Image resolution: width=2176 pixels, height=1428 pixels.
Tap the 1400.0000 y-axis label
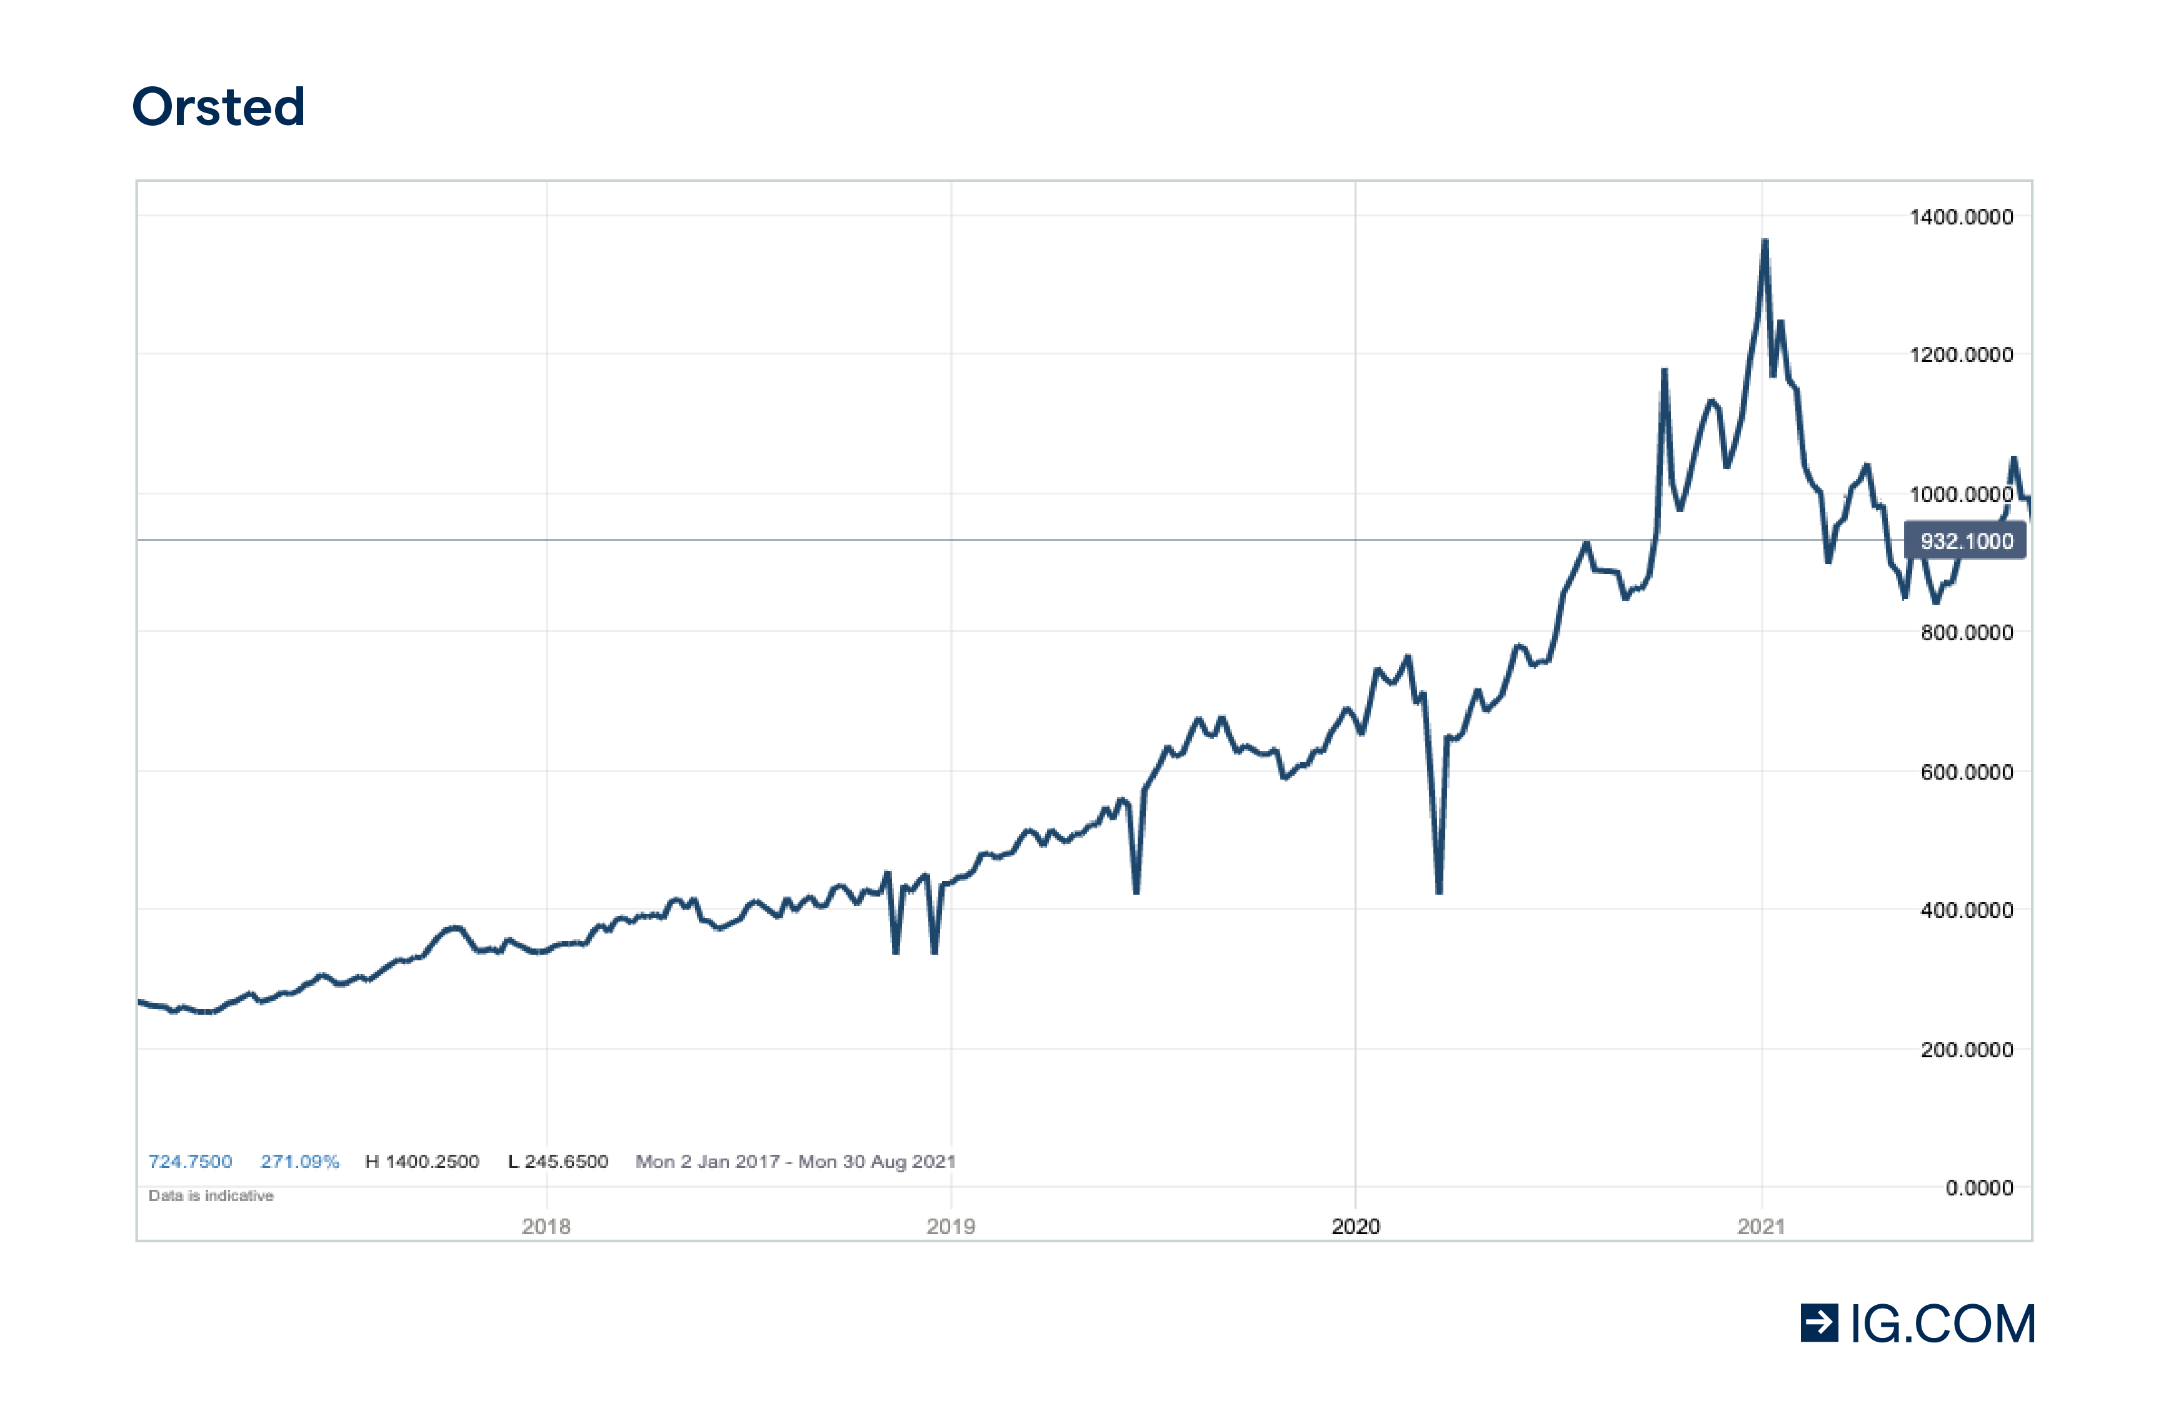(x=1960, y=218)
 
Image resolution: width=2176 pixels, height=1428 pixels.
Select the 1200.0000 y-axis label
(x=1960, y=354)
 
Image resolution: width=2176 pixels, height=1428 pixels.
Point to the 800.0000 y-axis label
(x=1966, y=633)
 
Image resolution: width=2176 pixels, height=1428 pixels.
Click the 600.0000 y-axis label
(x=1966, y=773)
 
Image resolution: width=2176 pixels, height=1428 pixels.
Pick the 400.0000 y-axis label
(x=1966, y=910)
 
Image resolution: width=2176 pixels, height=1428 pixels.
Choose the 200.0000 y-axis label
(x=1966, y=1050)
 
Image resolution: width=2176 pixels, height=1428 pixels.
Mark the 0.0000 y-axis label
(x=1978, y=1187)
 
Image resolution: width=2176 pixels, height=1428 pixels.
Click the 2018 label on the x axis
(x=546, y=1227)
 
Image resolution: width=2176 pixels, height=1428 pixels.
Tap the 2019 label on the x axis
(x=951, y=1227)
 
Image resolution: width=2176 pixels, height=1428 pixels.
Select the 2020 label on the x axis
(x=1355, y=1227)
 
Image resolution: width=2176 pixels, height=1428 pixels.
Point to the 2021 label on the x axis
(x=1761, y=1227)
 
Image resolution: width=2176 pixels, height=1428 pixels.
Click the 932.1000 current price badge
(x=1965, y=541)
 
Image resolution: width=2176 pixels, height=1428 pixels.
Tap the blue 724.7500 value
(x=190, y=1162)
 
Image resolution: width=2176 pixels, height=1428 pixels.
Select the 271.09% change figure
(x=300, y=1162)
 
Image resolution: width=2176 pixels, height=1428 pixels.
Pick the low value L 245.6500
(x=558, y=1162)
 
